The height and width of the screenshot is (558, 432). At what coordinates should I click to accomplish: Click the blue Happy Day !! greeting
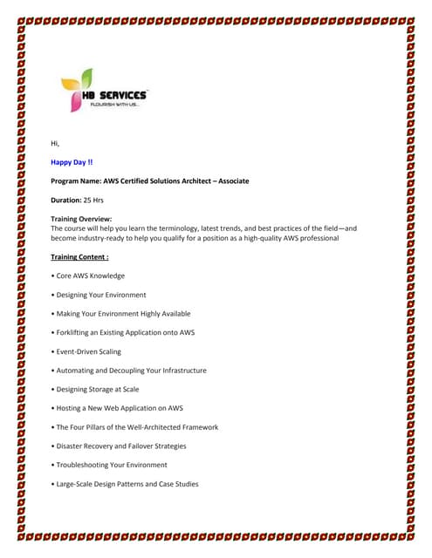pyautogui.click(x=72, y=162)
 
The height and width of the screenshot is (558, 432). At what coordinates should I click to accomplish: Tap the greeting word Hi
pyautogui.click(x=56, y=143)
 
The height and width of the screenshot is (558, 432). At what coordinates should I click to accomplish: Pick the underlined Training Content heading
pyautogui.click(x=79, y=257)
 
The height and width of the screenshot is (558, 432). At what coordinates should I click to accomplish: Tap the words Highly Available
pyautogui.click(x=162, y=314)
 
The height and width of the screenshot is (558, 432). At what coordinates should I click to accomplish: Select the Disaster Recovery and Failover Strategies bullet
pyautogui.click(x=121, y=446)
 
